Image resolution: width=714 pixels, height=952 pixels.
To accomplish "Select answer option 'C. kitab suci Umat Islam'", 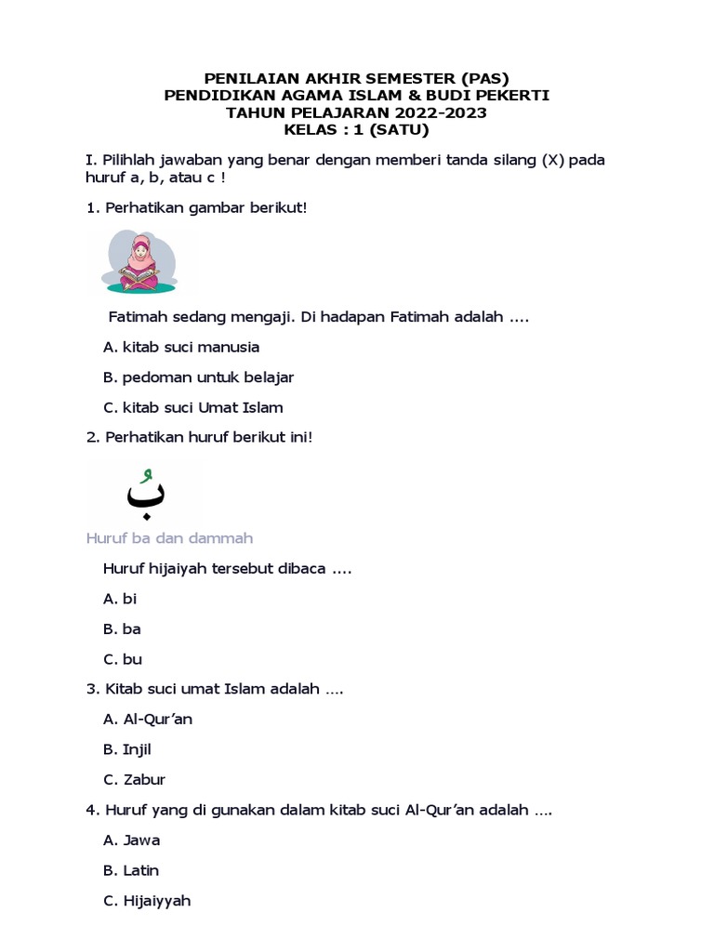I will coord(192,407).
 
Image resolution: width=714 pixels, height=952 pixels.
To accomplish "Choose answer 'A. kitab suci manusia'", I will coord(181,347).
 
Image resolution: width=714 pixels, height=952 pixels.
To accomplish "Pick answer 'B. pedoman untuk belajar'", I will coord(198,377).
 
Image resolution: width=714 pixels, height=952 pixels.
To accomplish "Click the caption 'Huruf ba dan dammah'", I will coord(169,538).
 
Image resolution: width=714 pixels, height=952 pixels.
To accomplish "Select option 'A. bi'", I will coord(120,599).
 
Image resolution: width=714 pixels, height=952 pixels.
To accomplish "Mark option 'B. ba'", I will coord(122,628).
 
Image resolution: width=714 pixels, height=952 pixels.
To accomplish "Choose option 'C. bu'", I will coord(123,659).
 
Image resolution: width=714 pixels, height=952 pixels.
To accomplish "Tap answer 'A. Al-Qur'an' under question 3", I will coord(148,719).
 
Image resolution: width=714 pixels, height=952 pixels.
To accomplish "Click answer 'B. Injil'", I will coord(127,749).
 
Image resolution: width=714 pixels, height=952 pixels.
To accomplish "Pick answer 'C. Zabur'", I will coord(134,779).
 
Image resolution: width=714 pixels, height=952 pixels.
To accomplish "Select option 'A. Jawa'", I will coord(131,840).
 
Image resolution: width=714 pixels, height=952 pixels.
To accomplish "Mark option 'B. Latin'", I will coord(131,870).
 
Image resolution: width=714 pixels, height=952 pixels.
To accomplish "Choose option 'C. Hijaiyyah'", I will coord(147,900).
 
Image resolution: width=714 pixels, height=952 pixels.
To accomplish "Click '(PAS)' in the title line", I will coord(484,78).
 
